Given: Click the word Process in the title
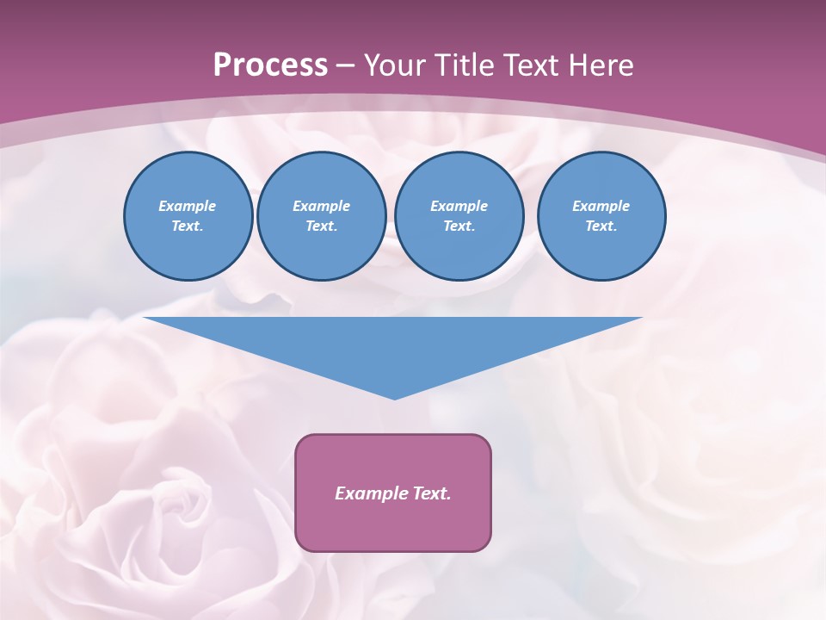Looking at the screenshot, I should coord(270,65).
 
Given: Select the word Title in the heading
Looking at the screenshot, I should coord(470,65).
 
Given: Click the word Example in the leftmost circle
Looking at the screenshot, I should coord(188,206).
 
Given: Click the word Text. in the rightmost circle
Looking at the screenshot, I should coord(601,226).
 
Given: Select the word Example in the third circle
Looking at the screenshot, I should coord(459,206).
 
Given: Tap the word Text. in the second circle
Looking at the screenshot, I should coord(321,226).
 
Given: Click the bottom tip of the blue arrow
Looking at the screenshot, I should coord(394,397).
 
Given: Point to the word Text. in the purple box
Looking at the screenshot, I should coord(432,493).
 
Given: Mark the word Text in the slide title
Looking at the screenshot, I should coord(538,65).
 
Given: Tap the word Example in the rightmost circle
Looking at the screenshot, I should coord(601,206).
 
